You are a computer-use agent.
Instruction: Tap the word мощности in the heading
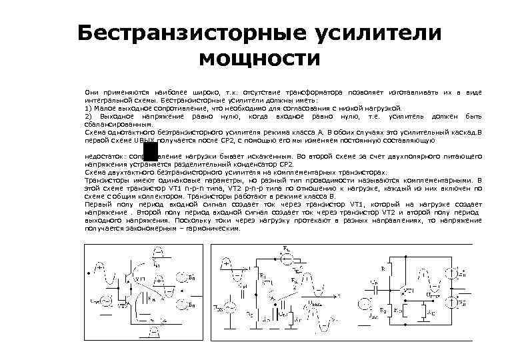pyautogui.click(x=260, y=58)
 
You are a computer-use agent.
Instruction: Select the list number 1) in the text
pyautogui.click(x=89, y=107)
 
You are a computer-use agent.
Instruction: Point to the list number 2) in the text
pyautogui.click(x=89, y=116)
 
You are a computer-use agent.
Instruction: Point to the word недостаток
pyautogui.click(x=106, y=155)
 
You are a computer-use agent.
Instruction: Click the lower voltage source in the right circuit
pyautogui.click(x=452, y=304)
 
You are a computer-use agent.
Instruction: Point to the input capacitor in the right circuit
pyautogui.click(x=377, y=291)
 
